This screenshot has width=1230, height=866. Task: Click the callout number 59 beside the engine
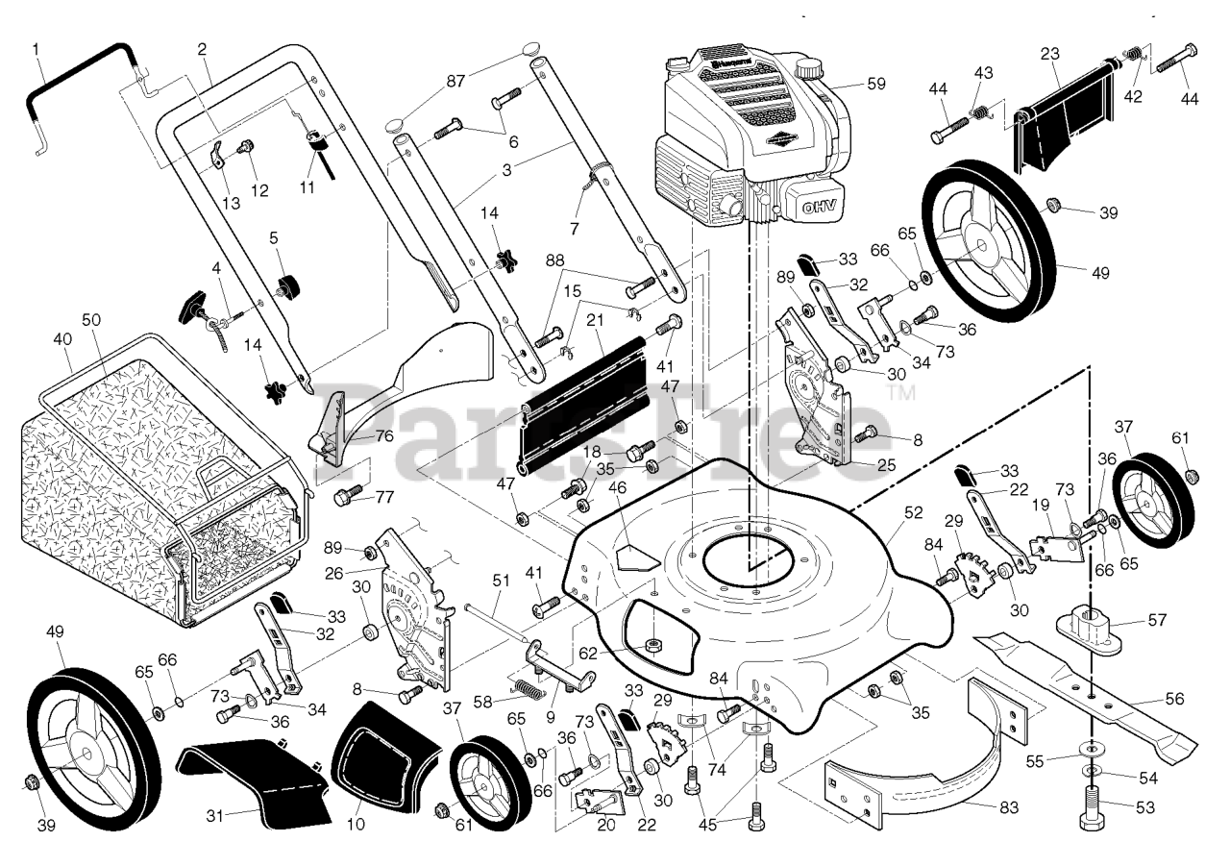click(875, 84)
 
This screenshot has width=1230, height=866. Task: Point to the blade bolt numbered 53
click(1089, 822)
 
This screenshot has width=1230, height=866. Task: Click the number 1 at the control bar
click(36, 48)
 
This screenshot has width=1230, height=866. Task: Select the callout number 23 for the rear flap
click(1049, 54)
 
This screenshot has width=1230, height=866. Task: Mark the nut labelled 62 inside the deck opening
click(652, 642)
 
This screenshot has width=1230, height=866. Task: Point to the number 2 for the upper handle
click(202, 49)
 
